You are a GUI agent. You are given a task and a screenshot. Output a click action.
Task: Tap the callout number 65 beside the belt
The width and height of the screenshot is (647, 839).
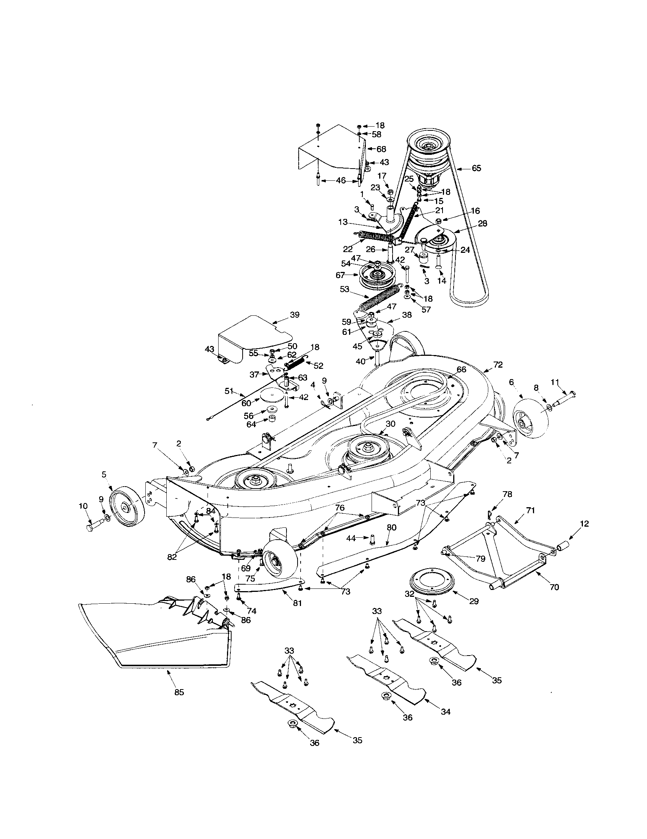476,168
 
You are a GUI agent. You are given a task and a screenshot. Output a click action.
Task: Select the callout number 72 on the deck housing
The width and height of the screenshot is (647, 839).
497,365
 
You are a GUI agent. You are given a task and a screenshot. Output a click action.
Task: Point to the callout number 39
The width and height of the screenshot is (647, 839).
295,315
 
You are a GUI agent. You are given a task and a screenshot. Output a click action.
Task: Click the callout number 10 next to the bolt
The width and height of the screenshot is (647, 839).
83,506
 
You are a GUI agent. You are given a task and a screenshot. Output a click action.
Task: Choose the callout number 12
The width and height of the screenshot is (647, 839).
584,524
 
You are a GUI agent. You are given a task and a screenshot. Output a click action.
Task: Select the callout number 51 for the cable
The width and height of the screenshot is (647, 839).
229,391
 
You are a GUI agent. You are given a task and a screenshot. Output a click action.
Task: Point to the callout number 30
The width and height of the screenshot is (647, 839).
390,424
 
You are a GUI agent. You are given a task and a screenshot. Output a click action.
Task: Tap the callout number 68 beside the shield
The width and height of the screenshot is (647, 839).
381,149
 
